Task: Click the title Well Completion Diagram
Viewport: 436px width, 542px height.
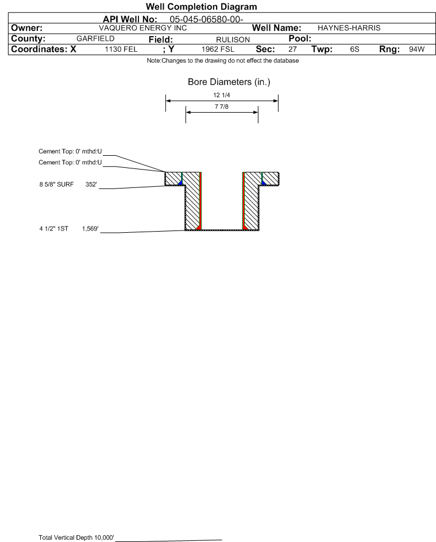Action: [201, 6]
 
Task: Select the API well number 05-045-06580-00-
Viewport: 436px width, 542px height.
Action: [206, 20]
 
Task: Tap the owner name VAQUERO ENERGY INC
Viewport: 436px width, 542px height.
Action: [142, 28]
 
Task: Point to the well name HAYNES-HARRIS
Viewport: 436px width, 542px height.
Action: [349, 28]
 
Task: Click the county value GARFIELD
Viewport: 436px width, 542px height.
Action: [95, 39]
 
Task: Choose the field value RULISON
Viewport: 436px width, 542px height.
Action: [233, 40]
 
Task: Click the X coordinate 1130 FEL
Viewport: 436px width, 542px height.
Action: [121, 49]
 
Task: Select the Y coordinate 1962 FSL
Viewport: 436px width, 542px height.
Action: [218, 49]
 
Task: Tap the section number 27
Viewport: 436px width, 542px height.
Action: [292, 49]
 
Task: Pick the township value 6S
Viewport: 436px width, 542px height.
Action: [354, 49]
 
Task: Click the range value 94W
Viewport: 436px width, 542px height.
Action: [416, 49]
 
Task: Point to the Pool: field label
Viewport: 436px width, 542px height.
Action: [300, 39]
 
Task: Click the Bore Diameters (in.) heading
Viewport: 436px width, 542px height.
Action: [229, 82]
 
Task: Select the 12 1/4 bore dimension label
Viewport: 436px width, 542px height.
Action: [222, 95]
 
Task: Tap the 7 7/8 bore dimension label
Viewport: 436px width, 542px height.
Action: [222, 106]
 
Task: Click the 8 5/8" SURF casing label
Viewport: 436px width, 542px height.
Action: [56, 184]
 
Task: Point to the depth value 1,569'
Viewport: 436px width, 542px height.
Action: [90, 229]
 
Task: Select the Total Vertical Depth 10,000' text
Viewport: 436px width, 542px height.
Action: [76, 537]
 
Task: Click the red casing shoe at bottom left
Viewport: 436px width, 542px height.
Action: [199, 227]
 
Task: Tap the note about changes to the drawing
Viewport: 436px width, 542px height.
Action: [222, 60]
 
